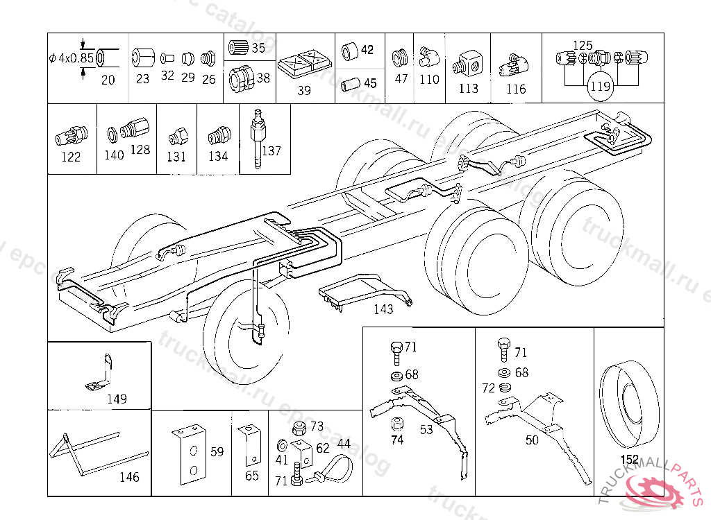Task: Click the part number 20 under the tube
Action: pyautogui.click(x=108, y=80)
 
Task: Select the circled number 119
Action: pyautogui.click(x=600, y=87)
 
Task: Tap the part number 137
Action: pyautogui.click(x=271, y=150)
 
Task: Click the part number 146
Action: pyautogui.click(x=129, y=477)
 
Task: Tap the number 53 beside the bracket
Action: pyautogui.click(x=426, y=430)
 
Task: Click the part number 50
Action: pyautogui.click(x=532, y=440)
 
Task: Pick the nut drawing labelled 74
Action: pyautogui.click(x=397, y=424)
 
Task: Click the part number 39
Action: pyautogui.click(x=304, y=91)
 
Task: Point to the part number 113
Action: pyautogui.click(x=469, y=89)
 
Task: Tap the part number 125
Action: pyautogui.click(x=583, y=45)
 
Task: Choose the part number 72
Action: pyautogui.click(x=489, y=388)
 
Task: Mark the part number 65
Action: pyautogui.click(x=252, y=476)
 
